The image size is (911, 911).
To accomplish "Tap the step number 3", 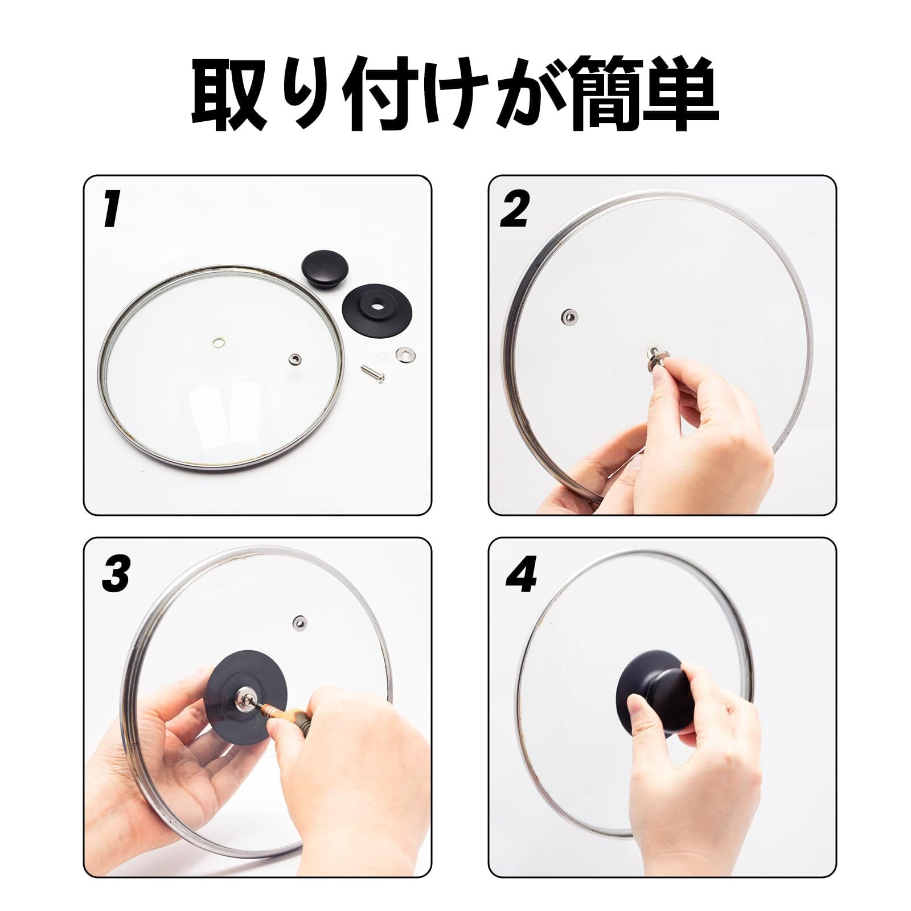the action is coord(116,573).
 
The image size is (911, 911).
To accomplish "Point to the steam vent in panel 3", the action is coord(298,622).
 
